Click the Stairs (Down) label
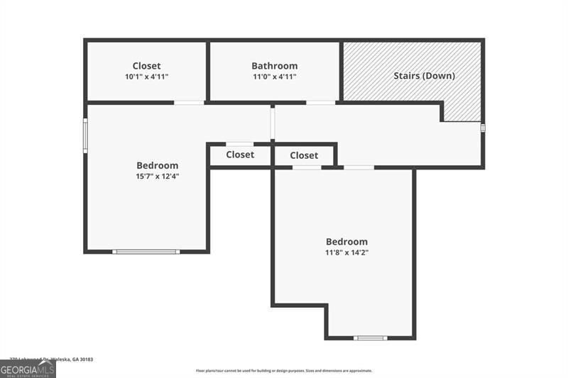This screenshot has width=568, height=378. coord(424,75)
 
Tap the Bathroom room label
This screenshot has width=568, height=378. coord(274,66)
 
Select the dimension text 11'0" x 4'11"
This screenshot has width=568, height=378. coord(274,77)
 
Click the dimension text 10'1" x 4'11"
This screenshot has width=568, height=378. coord(146,77)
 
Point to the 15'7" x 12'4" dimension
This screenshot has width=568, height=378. coord(157,177)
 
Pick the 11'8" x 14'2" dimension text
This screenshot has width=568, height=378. coord(346,252)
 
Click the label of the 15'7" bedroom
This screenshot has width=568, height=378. coord(157,165)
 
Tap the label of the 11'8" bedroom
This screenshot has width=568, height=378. coord(346,241)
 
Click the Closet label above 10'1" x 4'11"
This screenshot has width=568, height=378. coord(146,66)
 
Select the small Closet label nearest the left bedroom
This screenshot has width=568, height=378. coord(240,155)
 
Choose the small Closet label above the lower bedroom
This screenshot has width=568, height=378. coord(304,155)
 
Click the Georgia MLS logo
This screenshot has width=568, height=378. coord(28,369)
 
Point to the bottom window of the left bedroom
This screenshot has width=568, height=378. coord(146,251)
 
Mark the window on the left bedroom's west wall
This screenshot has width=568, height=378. coord(85,135)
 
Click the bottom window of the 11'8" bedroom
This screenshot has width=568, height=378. coord(371,338)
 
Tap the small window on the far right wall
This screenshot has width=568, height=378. coord(483,128)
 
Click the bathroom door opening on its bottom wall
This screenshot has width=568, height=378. coord(320,103)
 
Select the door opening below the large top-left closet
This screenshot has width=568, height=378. coord(190,103)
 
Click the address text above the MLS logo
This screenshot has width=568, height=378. coord(51,360)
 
